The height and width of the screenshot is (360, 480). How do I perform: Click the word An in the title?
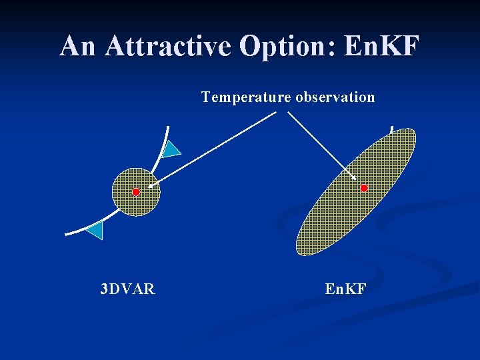79,46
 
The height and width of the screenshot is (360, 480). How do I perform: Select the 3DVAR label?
127,289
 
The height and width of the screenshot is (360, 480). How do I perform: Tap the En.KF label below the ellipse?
345,289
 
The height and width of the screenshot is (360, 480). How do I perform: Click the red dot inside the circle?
136,192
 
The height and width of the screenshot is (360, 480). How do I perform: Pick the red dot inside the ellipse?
364,189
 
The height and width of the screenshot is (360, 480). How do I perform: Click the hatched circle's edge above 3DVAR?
136,215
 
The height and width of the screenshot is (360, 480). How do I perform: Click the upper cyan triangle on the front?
172,149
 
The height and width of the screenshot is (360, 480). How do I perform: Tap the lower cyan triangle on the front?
95,230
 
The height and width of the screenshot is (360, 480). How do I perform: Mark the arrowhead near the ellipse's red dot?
353,178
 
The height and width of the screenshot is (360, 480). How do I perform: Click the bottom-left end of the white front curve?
67,233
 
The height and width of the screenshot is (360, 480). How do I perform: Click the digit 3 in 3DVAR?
103,289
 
